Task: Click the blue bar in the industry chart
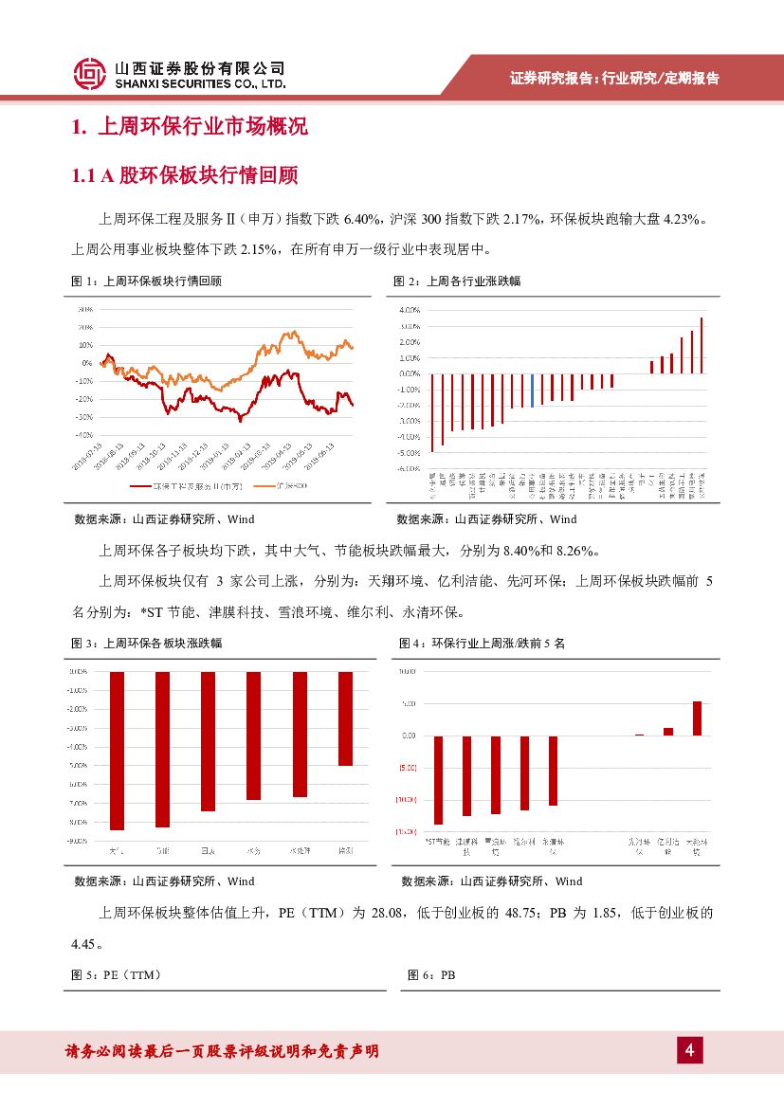[x=533, y=390]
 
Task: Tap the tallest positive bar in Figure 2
[x=702, y=345]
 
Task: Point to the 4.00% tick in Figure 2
[x=410, y=310]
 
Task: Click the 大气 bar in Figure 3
[x=118, y=750]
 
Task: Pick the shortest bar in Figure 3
[x=346, y=718]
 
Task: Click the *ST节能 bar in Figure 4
[x=438, y=779]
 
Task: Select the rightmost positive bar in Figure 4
[x=697, y=717]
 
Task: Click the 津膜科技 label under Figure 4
[x=466, y=845]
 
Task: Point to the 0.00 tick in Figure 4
[x=410, y=735]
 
